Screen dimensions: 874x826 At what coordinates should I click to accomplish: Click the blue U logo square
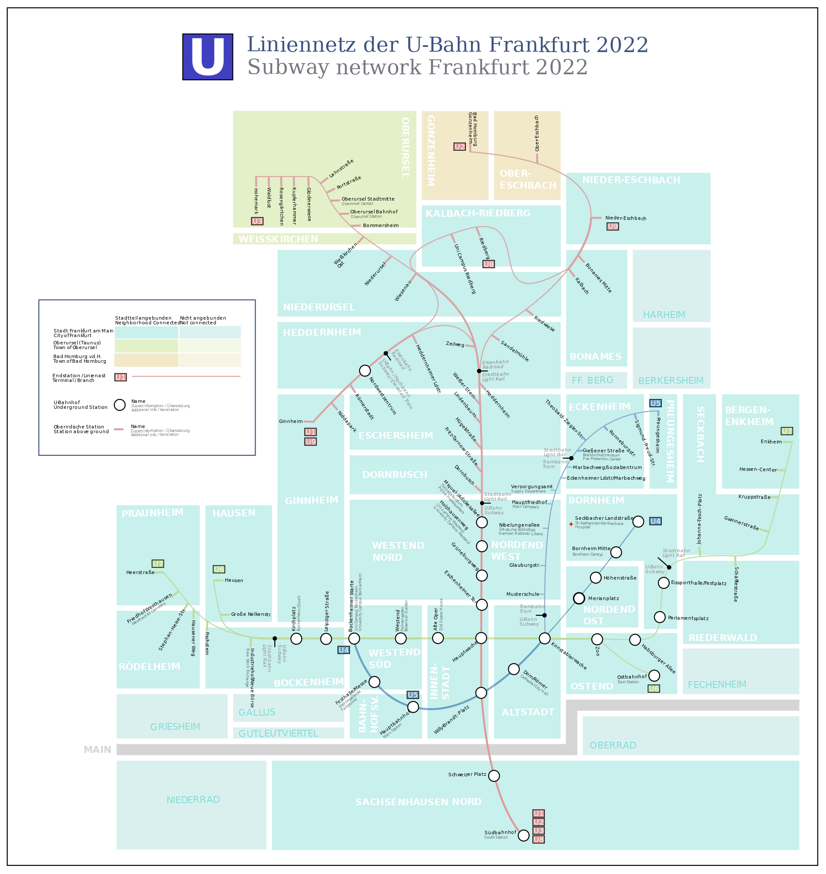point(207,57)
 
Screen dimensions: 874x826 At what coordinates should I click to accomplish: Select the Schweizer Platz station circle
point(494,776)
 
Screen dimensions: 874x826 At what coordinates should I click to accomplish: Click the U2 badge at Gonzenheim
point(459,147)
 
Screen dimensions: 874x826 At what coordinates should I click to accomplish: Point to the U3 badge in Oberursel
point(257,221)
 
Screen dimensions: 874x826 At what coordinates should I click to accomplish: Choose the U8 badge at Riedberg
point(488,264)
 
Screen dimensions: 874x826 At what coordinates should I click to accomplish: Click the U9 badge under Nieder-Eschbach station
point(612,226)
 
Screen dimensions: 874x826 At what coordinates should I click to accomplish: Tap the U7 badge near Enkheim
point(786,431)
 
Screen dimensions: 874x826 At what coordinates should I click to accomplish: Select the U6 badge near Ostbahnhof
point(653,689)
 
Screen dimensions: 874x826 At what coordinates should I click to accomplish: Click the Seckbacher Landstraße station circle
point(638,522)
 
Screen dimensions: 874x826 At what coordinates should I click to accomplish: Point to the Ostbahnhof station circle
point(654,676)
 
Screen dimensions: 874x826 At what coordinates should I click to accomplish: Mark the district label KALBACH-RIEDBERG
point(478,213)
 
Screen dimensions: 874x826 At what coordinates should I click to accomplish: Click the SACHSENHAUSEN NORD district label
point(418,802)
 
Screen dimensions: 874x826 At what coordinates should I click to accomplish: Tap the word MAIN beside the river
point(97,749)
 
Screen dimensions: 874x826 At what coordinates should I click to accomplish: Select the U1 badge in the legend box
point(121,377)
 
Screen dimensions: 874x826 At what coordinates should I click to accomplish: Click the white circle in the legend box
point(120,405)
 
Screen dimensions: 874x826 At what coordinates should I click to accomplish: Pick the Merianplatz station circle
point(579,598)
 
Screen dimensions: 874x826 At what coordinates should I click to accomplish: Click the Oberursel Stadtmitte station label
point(368,199)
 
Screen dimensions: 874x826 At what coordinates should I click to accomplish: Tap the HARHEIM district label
point(664,315)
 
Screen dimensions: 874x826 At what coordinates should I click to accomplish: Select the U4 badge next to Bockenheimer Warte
point(343,650)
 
